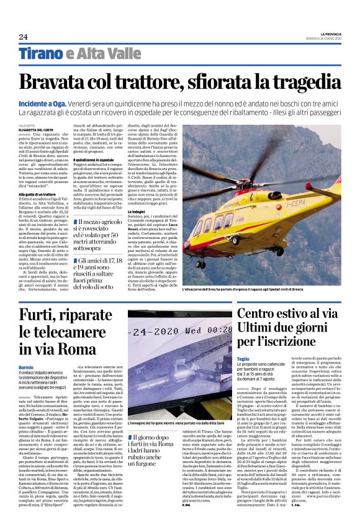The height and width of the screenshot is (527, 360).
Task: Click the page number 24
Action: point(23,37)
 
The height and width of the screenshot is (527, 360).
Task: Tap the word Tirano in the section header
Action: point(40,54)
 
